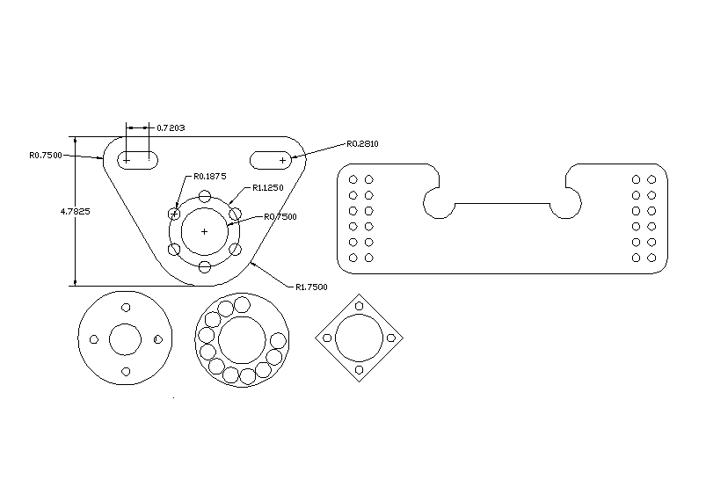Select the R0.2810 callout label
pos(362,143)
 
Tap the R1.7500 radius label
pos(311,287)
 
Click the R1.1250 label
pos(267,187)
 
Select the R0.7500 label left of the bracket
pos(45,155)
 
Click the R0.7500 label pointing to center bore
pos(280,216)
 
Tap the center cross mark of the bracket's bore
pos(204,231)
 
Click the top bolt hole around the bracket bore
pos(204,196)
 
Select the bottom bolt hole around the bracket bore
pos(204,266)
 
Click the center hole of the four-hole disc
pos(125,339)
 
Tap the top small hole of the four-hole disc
pos(125,307)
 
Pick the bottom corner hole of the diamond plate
pos(359,372)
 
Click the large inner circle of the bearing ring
pos(241,339)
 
